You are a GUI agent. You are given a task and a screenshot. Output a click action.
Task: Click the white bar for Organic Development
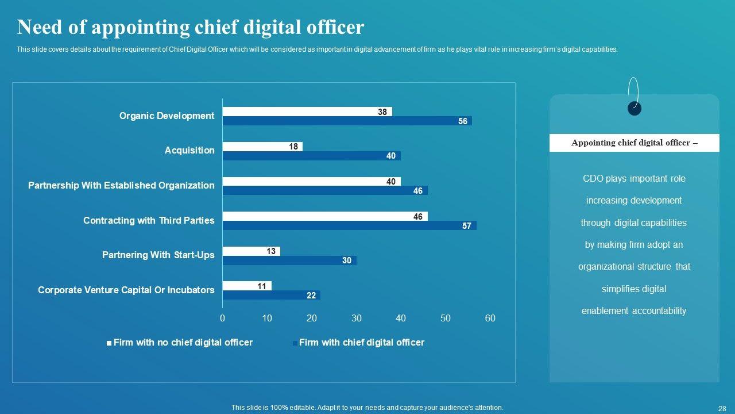coord(307,112)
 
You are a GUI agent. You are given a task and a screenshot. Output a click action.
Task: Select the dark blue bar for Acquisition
coord(311,156)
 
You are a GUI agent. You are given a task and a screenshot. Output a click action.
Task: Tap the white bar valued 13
coord(251,251)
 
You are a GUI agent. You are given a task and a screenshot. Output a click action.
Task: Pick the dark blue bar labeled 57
coord(349,226)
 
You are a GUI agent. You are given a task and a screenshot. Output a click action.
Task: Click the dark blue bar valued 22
coord(271,296)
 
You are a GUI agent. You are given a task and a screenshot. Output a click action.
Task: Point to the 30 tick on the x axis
coord(356,319)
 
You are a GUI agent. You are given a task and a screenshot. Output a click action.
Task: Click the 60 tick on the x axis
coord(490,319)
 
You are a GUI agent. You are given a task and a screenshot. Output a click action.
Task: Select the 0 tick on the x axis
coord(222,319)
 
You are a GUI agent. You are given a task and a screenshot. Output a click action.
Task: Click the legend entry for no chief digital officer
coord(183,343)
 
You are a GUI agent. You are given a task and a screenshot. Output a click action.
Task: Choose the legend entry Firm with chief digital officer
coord(361,343)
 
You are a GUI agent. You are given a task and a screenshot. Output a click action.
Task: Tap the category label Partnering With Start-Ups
coord(158,255)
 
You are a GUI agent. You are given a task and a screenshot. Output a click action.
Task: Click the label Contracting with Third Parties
coord(149,220)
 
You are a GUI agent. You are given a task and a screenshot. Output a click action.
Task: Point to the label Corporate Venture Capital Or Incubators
coord(126,290)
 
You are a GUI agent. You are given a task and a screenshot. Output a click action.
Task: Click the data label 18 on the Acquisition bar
coord(293,147)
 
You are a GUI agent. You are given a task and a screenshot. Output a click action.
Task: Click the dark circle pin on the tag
coord(635,108)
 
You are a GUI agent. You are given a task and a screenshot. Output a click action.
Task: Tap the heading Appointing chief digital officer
coord(634,143)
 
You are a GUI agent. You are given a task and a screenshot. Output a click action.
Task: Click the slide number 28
coord(722,408)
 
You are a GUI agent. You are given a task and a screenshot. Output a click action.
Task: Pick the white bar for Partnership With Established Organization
coord(311,182)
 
